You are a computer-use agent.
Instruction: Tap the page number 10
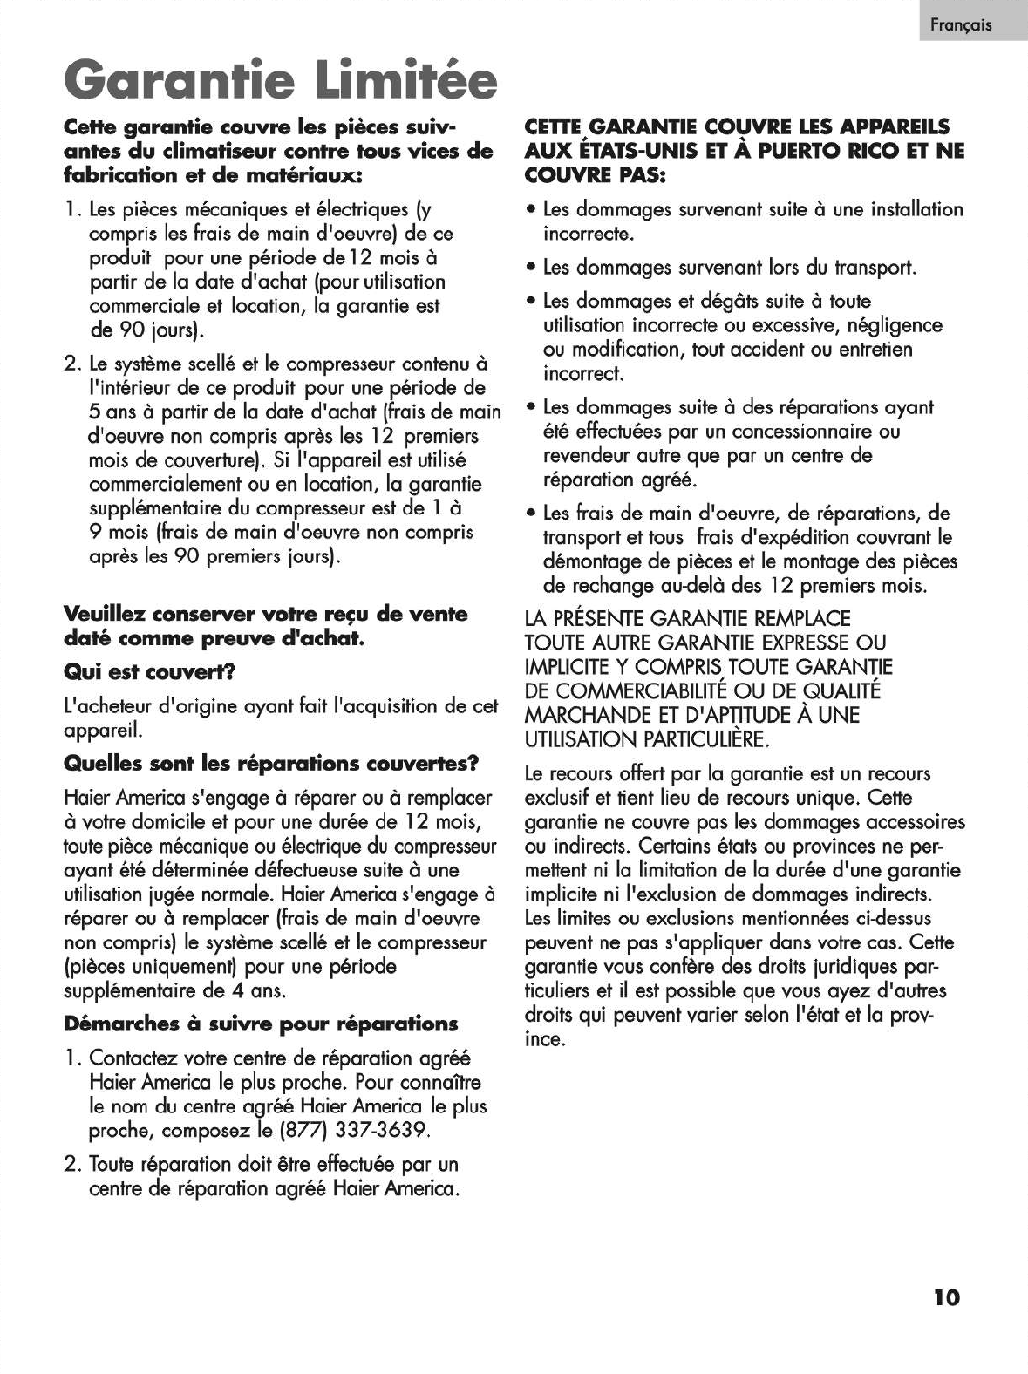point(946,1297)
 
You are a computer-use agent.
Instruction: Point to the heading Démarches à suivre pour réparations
point(261,1024)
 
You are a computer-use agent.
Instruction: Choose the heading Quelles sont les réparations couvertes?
point(272,764)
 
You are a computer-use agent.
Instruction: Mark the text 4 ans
point(257,991)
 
